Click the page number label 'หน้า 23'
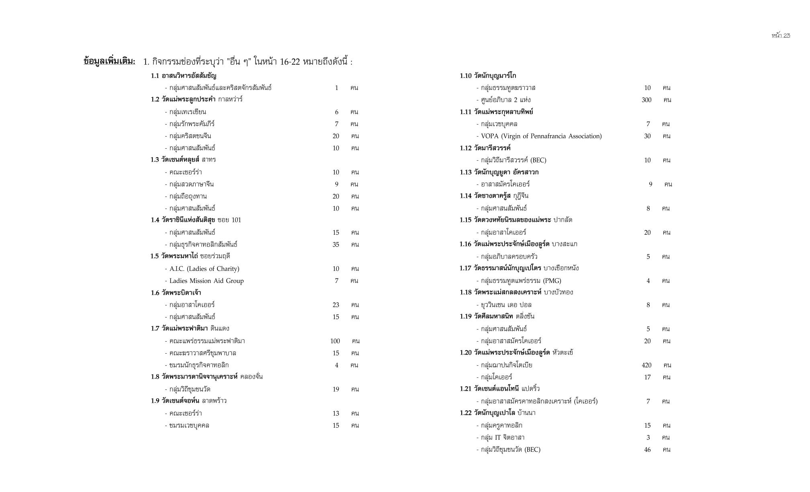(781, 35)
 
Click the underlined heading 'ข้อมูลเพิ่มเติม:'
(109, 61)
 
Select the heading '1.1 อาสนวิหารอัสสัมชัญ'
(184, 76)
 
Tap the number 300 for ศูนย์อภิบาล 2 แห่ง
(646, 100)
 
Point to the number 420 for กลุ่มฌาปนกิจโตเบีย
(646, 365)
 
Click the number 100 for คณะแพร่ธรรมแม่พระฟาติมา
(335, 341)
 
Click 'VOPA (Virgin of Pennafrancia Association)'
(539, 136)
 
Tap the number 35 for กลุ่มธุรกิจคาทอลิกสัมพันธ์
(336, 244)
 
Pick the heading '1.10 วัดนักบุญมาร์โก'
(488, 76)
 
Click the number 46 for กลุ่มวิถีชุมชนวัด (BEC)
(647, 449)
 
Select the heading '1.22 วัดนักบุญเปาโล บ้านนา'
(497, 413)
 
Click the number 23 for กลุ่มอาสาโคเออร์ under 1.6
(336, 305)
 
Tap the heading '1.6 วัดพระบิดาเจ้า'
(176, 293)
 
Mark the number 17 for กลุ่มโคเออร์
(647, 377)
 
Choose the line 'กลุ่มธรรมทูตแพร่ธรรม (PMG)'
(519, 281)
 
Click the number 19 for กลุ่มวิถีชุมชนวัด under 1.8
(336, 389)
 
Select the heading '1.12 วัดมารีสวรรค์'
(485, 148)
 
